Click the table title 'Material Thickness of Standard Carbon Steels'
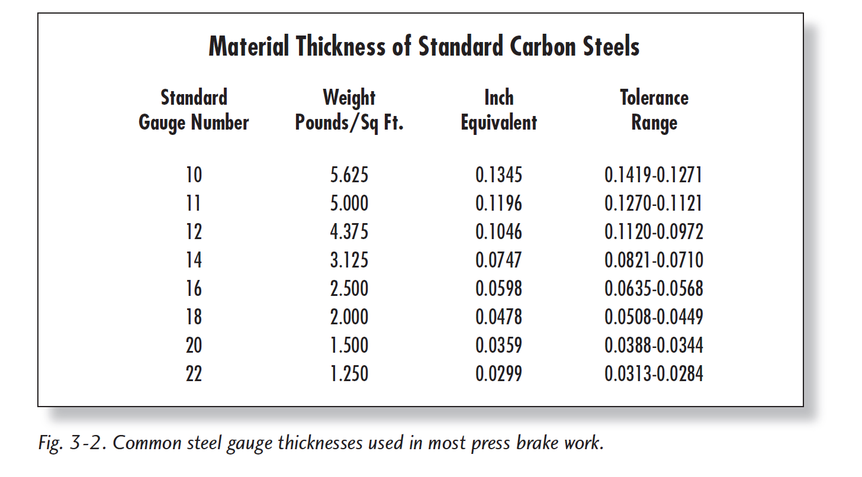(424, 46)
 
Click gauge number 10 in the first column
(194, 175)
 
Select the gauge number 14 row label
(194, 260)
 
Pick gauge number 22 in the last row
(194, 373)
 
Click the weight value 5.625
(349, 175)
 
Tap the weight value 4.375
(349, 231)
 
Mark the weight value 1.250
(349, 373)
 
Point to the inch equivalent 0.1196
(498, 203)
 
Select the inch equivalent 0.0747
(498, 260)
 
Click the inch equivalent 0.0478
(498, 317)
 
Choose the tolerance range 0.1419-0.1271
(654, 175)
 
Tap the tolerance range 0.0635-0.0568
(654, 289)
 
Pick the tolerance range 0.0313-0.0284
(654, 373)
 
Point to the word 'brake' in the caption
(537, 443)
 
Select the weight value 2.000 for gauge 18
(349, 317)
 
